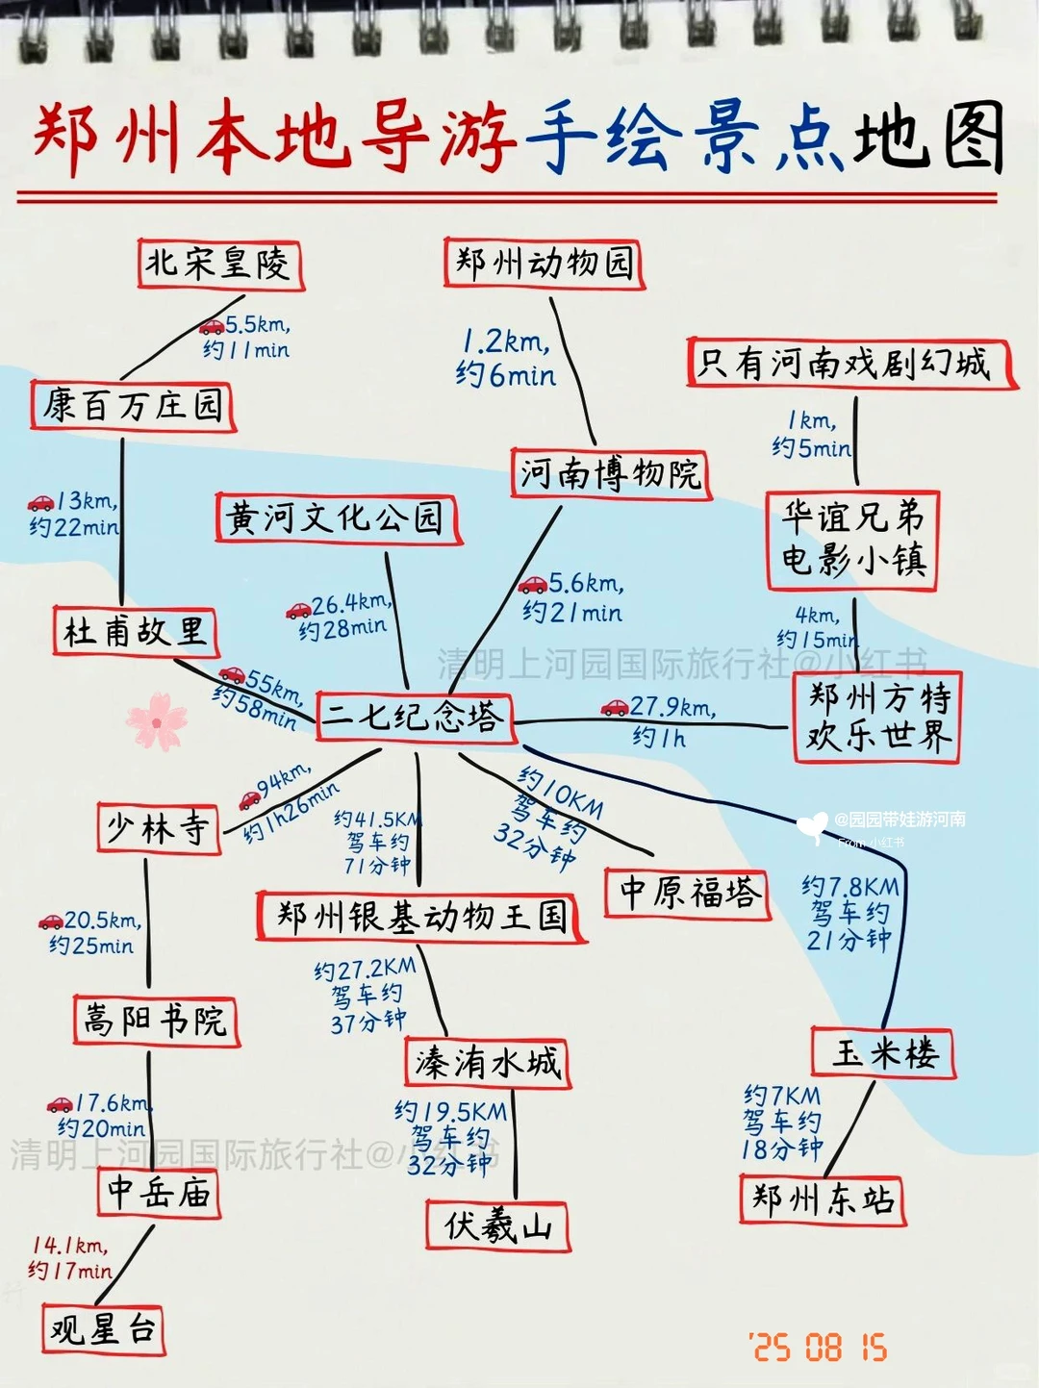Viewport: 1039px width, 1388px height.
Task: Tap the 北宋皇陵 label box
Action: pos(220,264)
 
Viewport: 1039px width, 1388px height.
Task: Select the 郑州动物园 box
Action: pos(544,263)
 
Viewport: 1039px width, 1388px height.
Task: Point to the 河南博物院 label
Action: pos(611,473)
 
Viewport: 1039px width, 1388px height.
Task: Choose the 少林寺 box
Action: pos(159,828)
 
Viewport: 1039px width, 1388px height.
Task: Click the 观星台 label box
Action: pos(103,1329)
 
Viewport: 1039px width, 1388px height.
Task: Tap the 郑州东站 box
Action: pos(823,1199)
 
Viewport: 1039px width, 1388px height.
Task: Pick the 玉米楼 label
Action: pos(883,1052)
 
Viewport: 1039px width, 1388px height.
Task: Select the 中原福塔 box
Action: pos(688,894)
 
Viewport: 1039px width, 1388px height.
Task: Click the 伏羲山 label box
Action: pos(498,1225)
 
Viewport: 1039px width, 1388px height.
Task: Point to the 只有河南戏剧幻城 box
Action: pos(851,364)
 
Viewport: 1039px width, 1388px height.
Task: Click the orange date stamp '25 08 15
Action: pos(819,1347)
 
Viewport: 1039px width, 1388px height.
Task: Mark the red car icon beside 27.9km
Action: pos(615,708)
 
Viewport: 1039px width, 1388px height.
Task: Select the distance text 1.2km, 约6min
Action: pos(506,358)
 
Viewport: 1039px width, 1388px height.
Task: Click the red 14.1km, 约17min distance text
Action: pos(70,1258)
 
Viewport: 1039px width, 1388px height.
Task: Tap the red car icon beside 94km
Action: pos(249,799)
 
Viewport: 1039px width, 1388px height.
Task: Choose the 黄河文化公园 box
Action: pos(337,518)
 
